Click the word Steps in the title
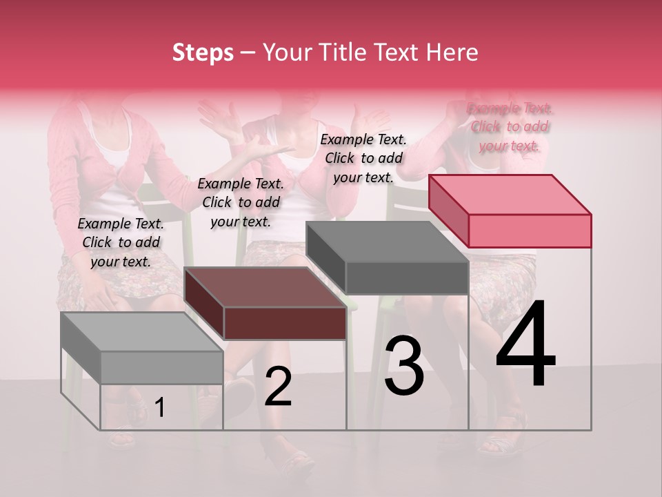[x=203, y=52]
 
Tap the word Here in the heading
[x=451, y=52]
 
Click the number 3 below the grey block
[x=404, y=366]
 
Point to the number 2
[x=278, y=387]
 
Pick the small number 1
[x=159, y=407]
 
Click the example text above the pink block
[x=510, y=126]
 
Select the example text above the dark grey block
[x=363, y=158]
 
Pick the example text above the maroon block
[x=241, y=202]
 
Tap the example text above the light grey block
[x=121, y=242]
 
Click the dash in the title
[x=248, y=52]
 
